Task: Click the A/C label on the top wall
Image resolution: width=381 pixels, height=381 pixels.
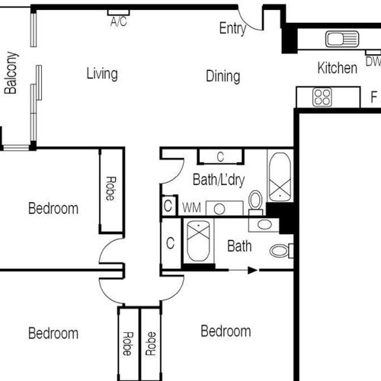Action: click(119, 21)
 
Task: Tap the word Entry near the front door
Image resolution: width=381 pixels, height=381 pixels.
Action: click(232, 28)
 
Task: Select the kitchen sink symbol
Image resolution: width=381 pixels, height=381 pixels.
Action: click(342, 39)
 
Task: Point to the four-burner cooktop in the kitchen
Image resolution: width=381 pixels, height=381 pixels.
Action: click(322, 97)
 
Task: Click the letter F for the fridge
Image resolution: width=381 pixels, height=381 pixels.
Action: click(373, 97)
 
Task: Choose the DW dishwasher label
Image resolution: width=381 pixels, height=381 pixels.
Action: click(373, 62)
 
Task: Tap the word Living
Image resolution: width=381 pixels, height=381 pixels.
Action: click(102, 74)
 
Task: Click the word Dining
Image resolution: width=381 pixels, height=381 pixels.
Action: click(223, 76)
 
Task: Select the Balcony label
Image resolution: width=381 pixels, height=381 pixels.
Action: click(11, 73)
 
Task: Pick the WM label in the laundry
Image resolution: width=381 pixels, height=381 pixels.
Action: click(191, 207)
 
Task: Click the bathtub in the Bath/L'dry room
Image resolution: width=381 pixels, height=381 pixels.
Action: click(280, 177)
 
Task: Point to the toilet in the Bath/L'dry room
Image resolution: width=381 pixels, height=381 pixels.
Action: click(255, 203)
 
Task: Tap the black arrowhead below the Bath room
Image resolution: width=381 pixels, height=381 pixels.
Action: click(252, 271)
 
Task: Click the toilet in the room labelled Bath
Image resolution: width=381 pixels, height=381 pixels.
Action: click(281, 251)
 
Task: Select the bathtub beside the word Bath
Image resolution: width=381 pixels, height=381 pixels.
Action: click(198, 241)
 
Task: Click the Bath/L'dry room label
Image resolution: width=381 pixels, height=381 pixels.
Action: click(219, 180)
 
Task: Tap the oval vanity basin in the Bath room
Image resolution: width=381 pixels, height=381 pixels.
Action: click(264, 225)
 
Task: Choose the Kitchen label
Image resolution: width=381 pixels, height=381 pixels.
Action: click(338, 68)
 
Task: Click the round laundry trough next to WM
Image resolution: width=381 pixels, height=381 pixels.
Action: click(219, 209)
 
